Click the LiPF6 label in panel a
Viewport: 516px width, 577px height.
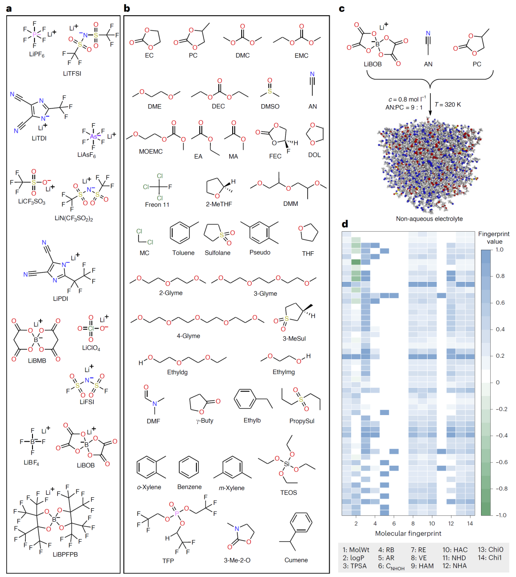(x=36, y=55)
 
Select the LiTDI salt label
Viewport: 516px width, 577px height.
(x=39, y=139)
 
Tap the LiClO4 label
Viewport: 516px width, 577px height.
(x=91, y=348)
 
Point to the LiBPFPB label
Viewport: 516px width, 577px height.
(x=65, y=555)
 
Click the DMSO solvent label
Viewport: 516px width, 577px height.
(x=270, y=107)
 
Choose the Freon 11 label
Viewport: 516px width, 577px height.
(x=157, y=204)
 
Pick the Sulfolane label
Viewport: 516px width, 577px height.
(x=217, y=253)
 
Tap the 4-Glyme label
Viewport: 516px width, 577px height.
(x=188, y=336)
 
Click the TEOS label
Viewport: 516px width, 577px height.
(x=289, y=492)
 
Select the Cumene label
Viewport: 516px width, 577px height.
(x=296, y=560)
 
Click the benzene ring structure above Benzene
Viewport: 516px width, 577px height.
(x=189, y=467)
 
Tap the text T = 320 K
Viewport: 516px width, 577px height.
(x=448, y=105)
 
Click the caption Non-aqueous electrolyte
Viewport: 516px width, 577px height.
(x=429, y=219)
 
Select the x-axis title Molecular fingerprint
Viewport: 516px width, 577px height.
(x=408, y=533)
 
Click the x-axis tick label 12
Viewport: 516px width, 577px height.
(x=451, y=524)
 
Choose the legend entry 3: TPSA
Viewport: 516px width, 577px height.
(x=355, y=566)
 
